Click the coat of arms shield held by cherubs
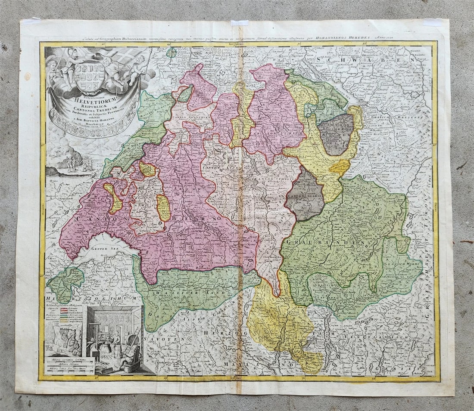click(90, 76)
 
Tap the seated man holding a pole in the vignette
click(129, 355)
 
